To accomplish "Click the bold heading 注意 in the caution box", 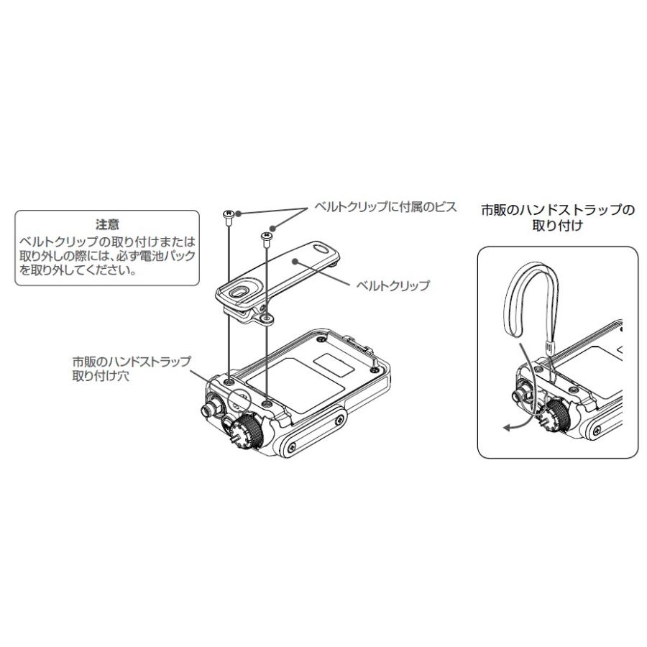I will click(x=107, y=224).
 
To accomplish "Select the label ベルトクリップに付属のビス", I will click(x=385, y=207).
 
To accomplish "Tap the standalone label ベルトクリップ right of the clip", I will click(x=393, y=285).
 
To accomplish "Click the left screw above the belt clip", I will click(x=228, y=214).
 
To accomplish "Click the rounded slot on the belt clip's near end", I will click(x=238, y=293).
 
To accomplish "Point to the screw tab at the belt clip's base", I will click(x=267, y=317).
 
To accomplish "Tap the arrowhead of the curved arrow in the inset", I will click(x=506, y=428).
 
